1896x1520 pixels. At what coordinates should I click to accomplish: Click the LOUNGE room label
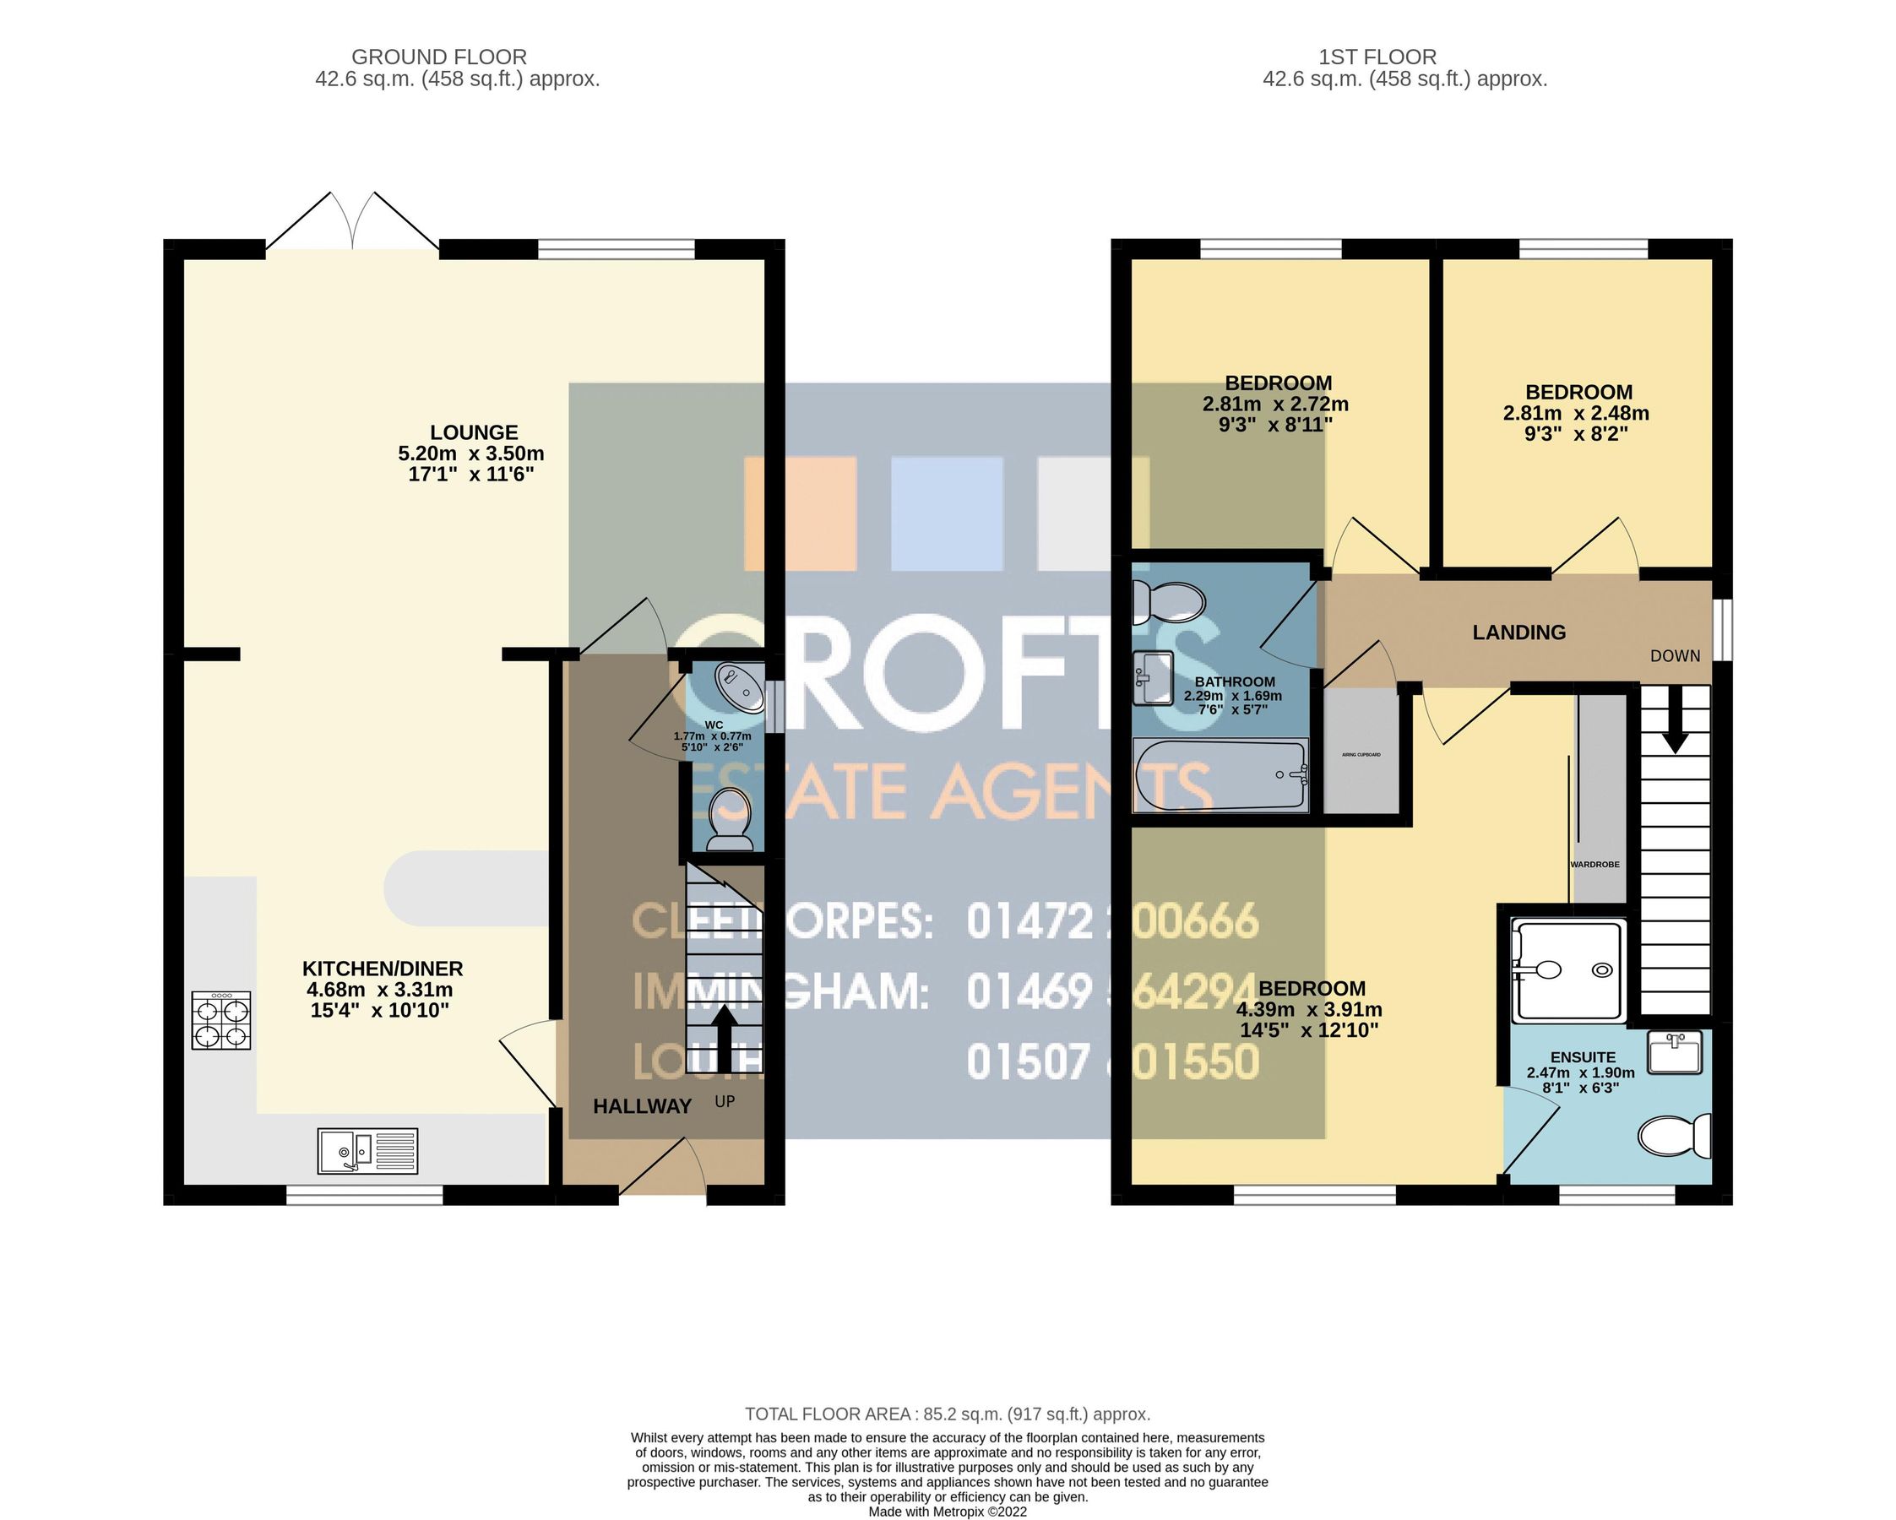[x=473, y=432]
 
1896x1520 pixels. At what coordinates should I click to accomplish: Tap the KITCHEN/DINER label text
[x=383, y=969]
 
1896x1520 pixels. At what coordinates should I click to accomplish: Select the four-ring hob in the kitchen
[x=221, y=1020]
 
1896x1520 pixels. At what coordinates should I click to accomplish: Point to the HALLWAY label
[x=642, y=1107]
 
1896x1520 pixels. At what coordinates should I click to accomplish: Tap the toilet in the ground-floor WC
[x=730, y=819]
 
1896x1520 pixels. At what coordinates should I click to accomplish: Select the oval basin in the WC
[x=741, y=687]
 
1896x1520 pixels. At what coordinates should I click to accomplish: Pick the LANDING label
[x=1518, y=632]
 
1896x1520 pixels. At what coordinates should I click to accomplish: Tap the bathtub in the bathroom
[x=1220, y=775]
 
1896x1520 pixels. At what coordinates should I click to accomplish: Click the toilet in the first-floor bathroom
[x=1167, y=601]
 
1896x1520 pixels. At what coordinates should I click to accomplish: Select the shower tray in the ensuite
[x=1568, y=970]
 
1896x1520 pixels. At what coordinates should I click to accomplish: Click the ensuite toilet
[x=1675, y=1136]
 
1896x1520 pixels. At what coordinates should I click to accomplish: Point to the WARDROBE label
[x=1594, y=865]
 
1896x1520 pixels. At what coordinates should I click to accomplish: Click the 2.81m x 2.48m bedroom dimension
[x=1575, y=413]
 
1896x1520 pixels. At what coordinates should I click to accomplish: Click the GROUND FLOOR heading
[x=439, y=57]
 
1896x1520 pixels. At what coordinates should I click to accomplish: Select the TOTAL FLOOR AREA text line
[x=947, y=1414]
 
